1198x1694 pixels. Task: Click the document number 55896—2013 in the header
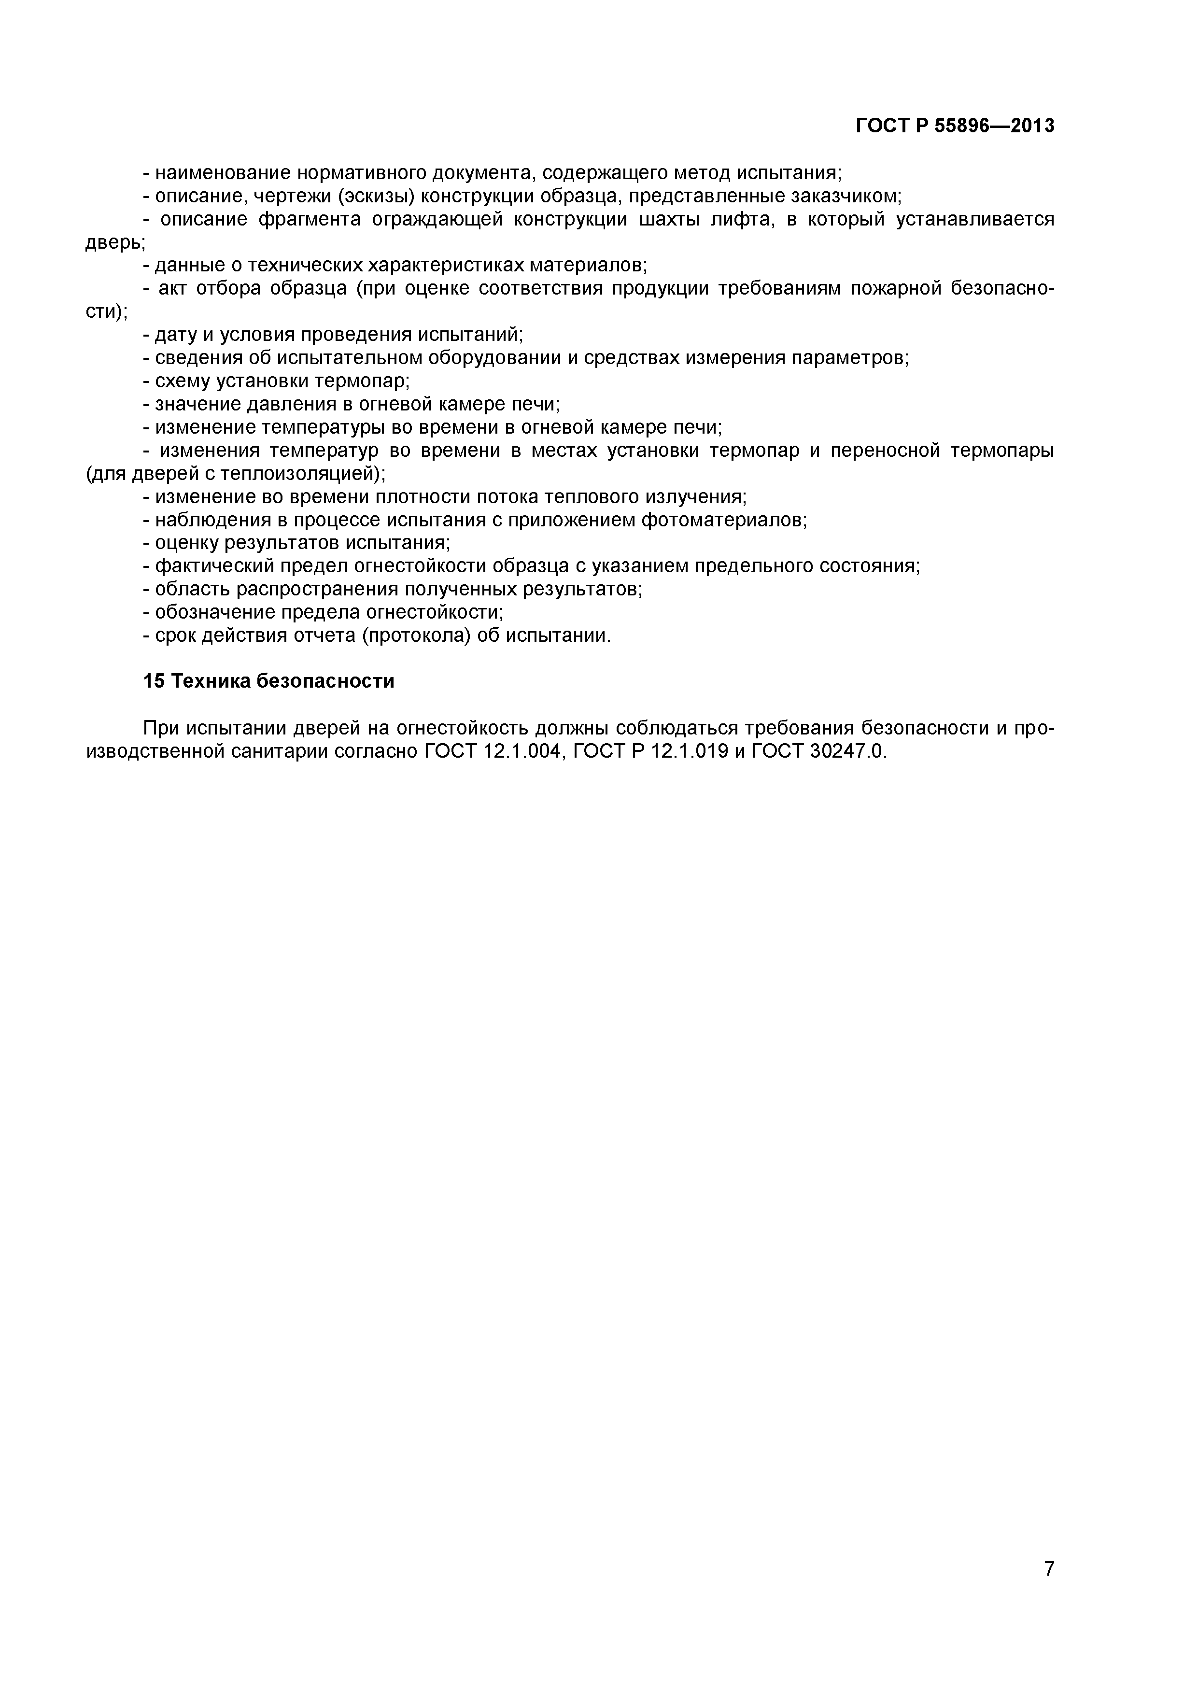click(994, 126)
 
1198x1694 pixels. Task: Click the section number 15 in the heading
click(154, 681)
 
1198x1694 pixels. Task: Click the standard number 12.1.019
click(689, 752)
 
